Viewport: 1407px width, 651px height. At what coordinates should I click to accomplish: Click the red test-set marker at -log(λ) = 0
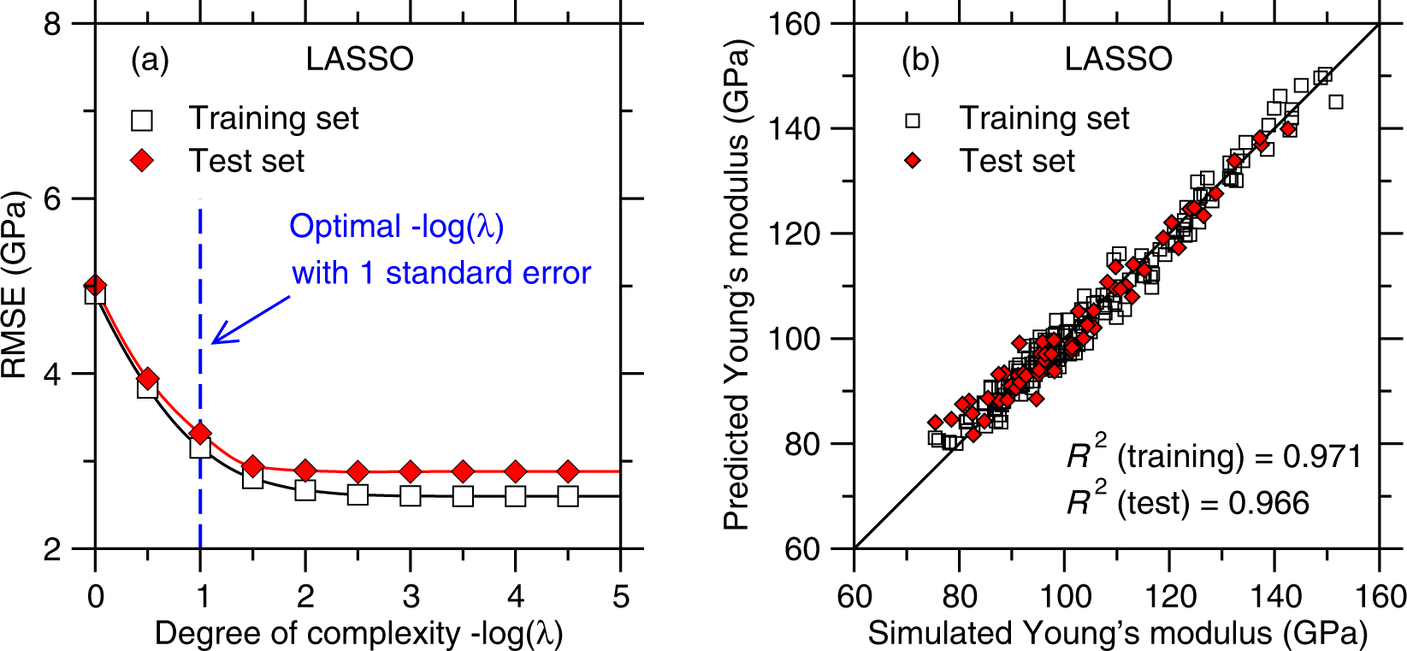tap(95, 285)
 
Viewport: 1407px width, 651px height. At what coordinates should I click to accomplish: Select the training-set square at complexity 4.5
tap(568, 496)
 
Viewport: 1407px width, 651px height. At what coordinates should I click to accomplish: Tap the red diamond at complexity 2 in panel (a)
tap(305, 470)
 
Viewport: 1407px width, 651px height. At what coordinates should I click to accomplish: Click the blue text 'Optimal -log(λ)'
tap(397, 227)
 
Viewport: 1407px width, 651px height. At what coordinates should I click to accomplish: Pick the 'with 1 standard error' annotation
tap(441, 273)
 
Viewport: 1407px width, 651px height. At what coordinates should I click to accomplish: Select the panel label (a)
tap(150, 60)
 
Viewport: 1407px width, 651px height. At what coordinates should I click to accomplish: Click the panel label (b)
tap(920, 60)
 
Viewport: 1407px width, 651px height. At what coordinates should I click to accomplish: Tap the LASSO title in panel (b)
tap(1118, 59)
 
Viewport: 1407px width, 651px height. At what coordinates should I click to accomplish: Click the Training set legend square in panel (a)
tap(142, 120)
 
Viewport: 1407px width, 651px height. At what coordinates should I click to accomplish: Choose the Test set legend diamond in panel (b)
tap(913, 161)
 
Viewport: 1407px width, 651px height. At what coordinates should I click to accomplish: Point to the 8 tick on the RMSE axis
tap(53, 24)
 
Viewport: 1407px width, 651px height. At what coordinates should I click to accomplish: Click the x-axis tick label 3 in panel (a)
tap(411, 596)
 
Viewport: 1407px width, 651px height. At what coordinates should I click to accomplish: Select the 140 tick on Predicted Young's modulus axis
tap(798, 129)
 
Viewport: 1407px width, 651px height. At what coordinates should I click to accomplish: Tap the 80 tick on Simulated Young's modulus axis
tap(959, 596)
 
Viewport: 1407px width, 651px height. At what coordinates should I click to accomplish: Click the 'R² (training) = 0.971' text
tap(1213, 456)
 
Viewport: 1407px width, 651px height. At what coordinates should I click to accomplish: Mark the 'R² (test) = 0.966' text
tap(1187, 502)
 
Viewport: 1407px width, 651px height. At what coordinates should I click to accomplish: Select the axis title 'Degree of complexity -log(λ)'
tap(358, 634)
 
